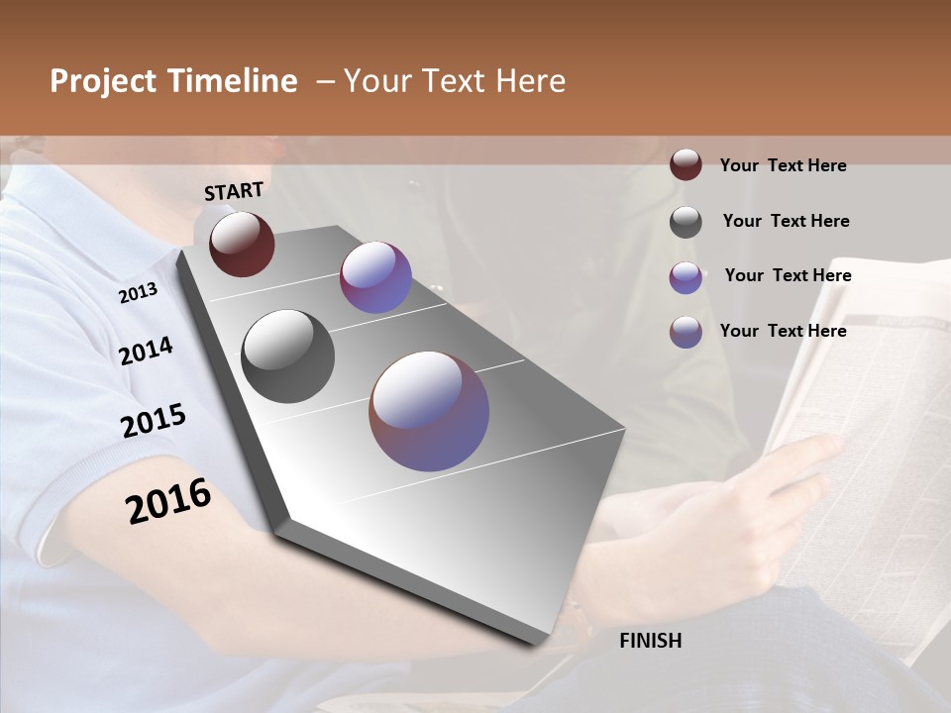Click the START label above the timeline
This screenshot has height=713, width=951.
pyautogui.click(x=234, y=191)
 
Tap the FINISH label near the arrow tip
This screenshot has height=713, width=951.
pyautogui.click(x=651, y=641)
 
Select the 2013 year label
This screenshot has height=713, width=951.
pyautogui.click(x=138, y=293)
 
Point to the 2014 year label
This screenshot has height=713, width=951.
pyautogui.click(x=146, y=352)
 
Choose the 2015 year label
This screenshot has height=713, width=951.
pyautogui.click(x=154, y=421)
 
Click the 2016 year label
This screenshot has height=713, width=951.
pyautogui.click(x=168, y=501)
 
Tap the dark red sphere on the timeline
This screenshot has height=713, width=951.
pyautogui.click(x=242, y=244)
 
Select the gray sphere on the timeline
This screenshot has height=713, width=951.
pyautogui.click(x=287, y=356)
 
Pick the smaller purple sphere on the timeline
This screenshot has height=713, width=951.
pyautogui.click(x=375, y=277)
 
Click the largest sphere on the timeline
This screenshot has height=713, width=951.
pyautogui.click(x=429, y=411)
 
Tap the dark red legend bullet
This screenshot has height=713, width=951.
pyautogui.click(x=686, y=164)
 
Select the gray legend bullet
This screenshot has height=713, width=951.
pyautogui.click(x=686, y=222)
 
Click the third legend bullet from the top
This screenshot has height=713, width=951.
pyautogui.click(x=686, y=277)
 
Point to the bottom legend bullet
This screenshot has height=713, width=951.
pyautogui.click(x=686, y=332)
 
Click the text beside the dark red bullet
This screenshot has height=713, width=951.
pyautogui.click(x=783, y=165)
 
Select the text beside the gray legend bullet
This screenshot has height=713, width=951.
pyautogui.click(x=786, y=221)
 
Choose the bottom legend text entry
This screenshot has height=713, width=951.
pyautogui.click(x=783, y=331)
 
